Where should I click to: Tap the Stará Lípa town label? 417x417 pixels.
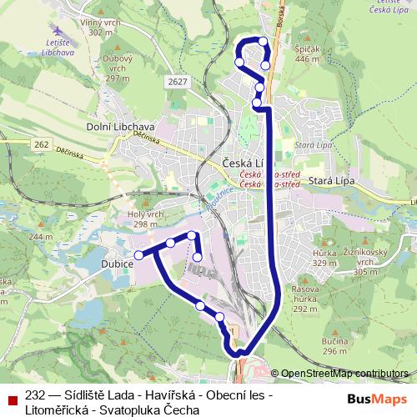tap(332, 180)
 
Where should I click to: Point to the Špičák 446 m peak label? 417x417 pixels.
tap(307, 54)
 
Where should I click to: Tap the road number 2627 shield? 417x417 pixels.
tap(176, 81)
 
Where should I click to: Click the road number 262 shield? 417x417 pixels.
tap(42, 144)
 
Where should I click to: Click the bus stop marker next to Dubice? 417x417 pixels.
tap(138, 255)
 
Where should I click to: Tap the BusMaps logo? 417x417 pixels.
tap(378, 398)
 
